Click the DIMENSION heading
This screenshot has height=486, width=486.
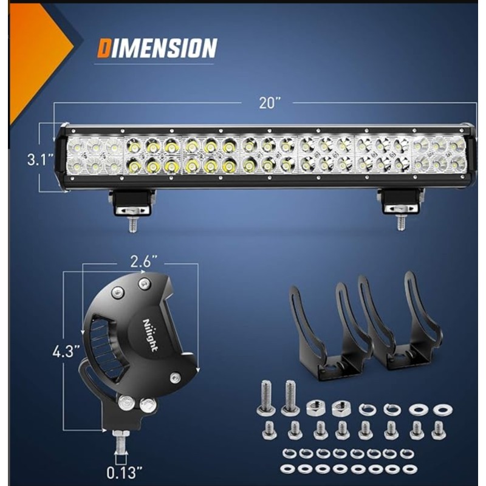coord(157,49)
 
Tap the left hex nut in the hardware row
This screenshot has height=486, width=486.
coord(315,408)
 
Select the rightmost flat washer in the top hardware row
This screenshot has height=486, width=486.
coord(442,409)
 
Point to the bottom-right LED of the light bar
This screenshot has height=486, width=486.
coord(457,164)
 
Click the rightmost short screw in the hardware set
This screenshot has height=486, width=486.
coord(438,430)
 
